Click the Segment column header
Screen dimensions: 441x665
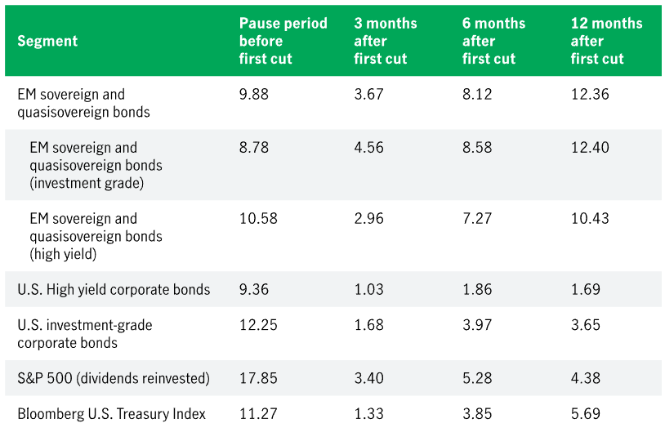[47, 41]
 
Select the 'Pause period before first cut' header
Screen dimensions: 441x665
[283, 41]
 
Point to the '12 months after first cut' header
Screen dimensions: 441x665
[606, 41]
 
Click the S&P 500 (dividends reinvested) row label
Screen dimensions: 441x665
[114, 378]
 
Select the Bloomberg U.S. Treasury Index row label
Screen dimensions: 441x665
[111, 414]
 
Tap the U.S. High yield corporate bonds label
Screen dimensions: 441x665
[114, 290]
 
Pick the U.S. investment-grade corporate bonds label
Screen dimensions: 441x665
[84, 334]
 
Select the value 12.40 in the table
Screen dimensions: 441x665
[589, 148]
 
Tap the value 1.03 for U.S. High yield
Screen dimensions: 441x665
[368, 290]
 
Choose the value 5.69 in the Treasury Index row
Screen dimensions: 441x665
[585, 414]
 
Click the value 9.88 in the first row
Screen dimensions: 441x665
[253, 94]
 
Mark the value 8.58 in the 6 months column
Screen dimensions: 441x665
[477, 148]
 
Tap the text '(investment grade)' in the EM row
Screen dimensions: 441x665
[87, 183]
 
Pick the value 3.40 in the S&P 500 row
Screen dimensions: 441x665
[369, 378]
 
